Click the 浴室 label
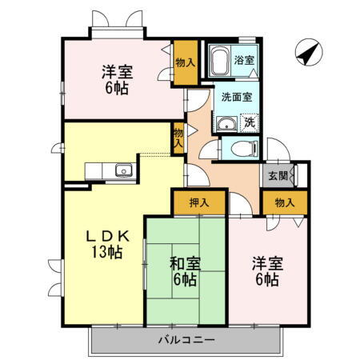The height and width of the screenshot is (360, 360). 244,58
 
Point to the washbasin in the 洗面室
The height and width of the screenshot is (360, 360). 226,123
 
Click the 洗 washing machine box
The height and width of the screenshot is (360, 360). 249,123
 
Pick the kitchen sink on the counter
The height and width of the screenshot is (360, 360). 124,170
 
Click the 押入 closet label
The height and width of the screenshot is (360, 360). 199,202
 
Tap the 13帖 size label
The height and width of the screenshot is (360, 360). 105,253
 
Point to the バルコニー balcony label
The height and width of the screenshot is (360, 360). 186,340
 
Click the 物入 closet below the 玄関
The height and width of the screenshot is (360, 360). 285,202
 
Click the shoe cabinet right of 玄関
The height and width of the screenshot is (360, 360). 298,174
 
